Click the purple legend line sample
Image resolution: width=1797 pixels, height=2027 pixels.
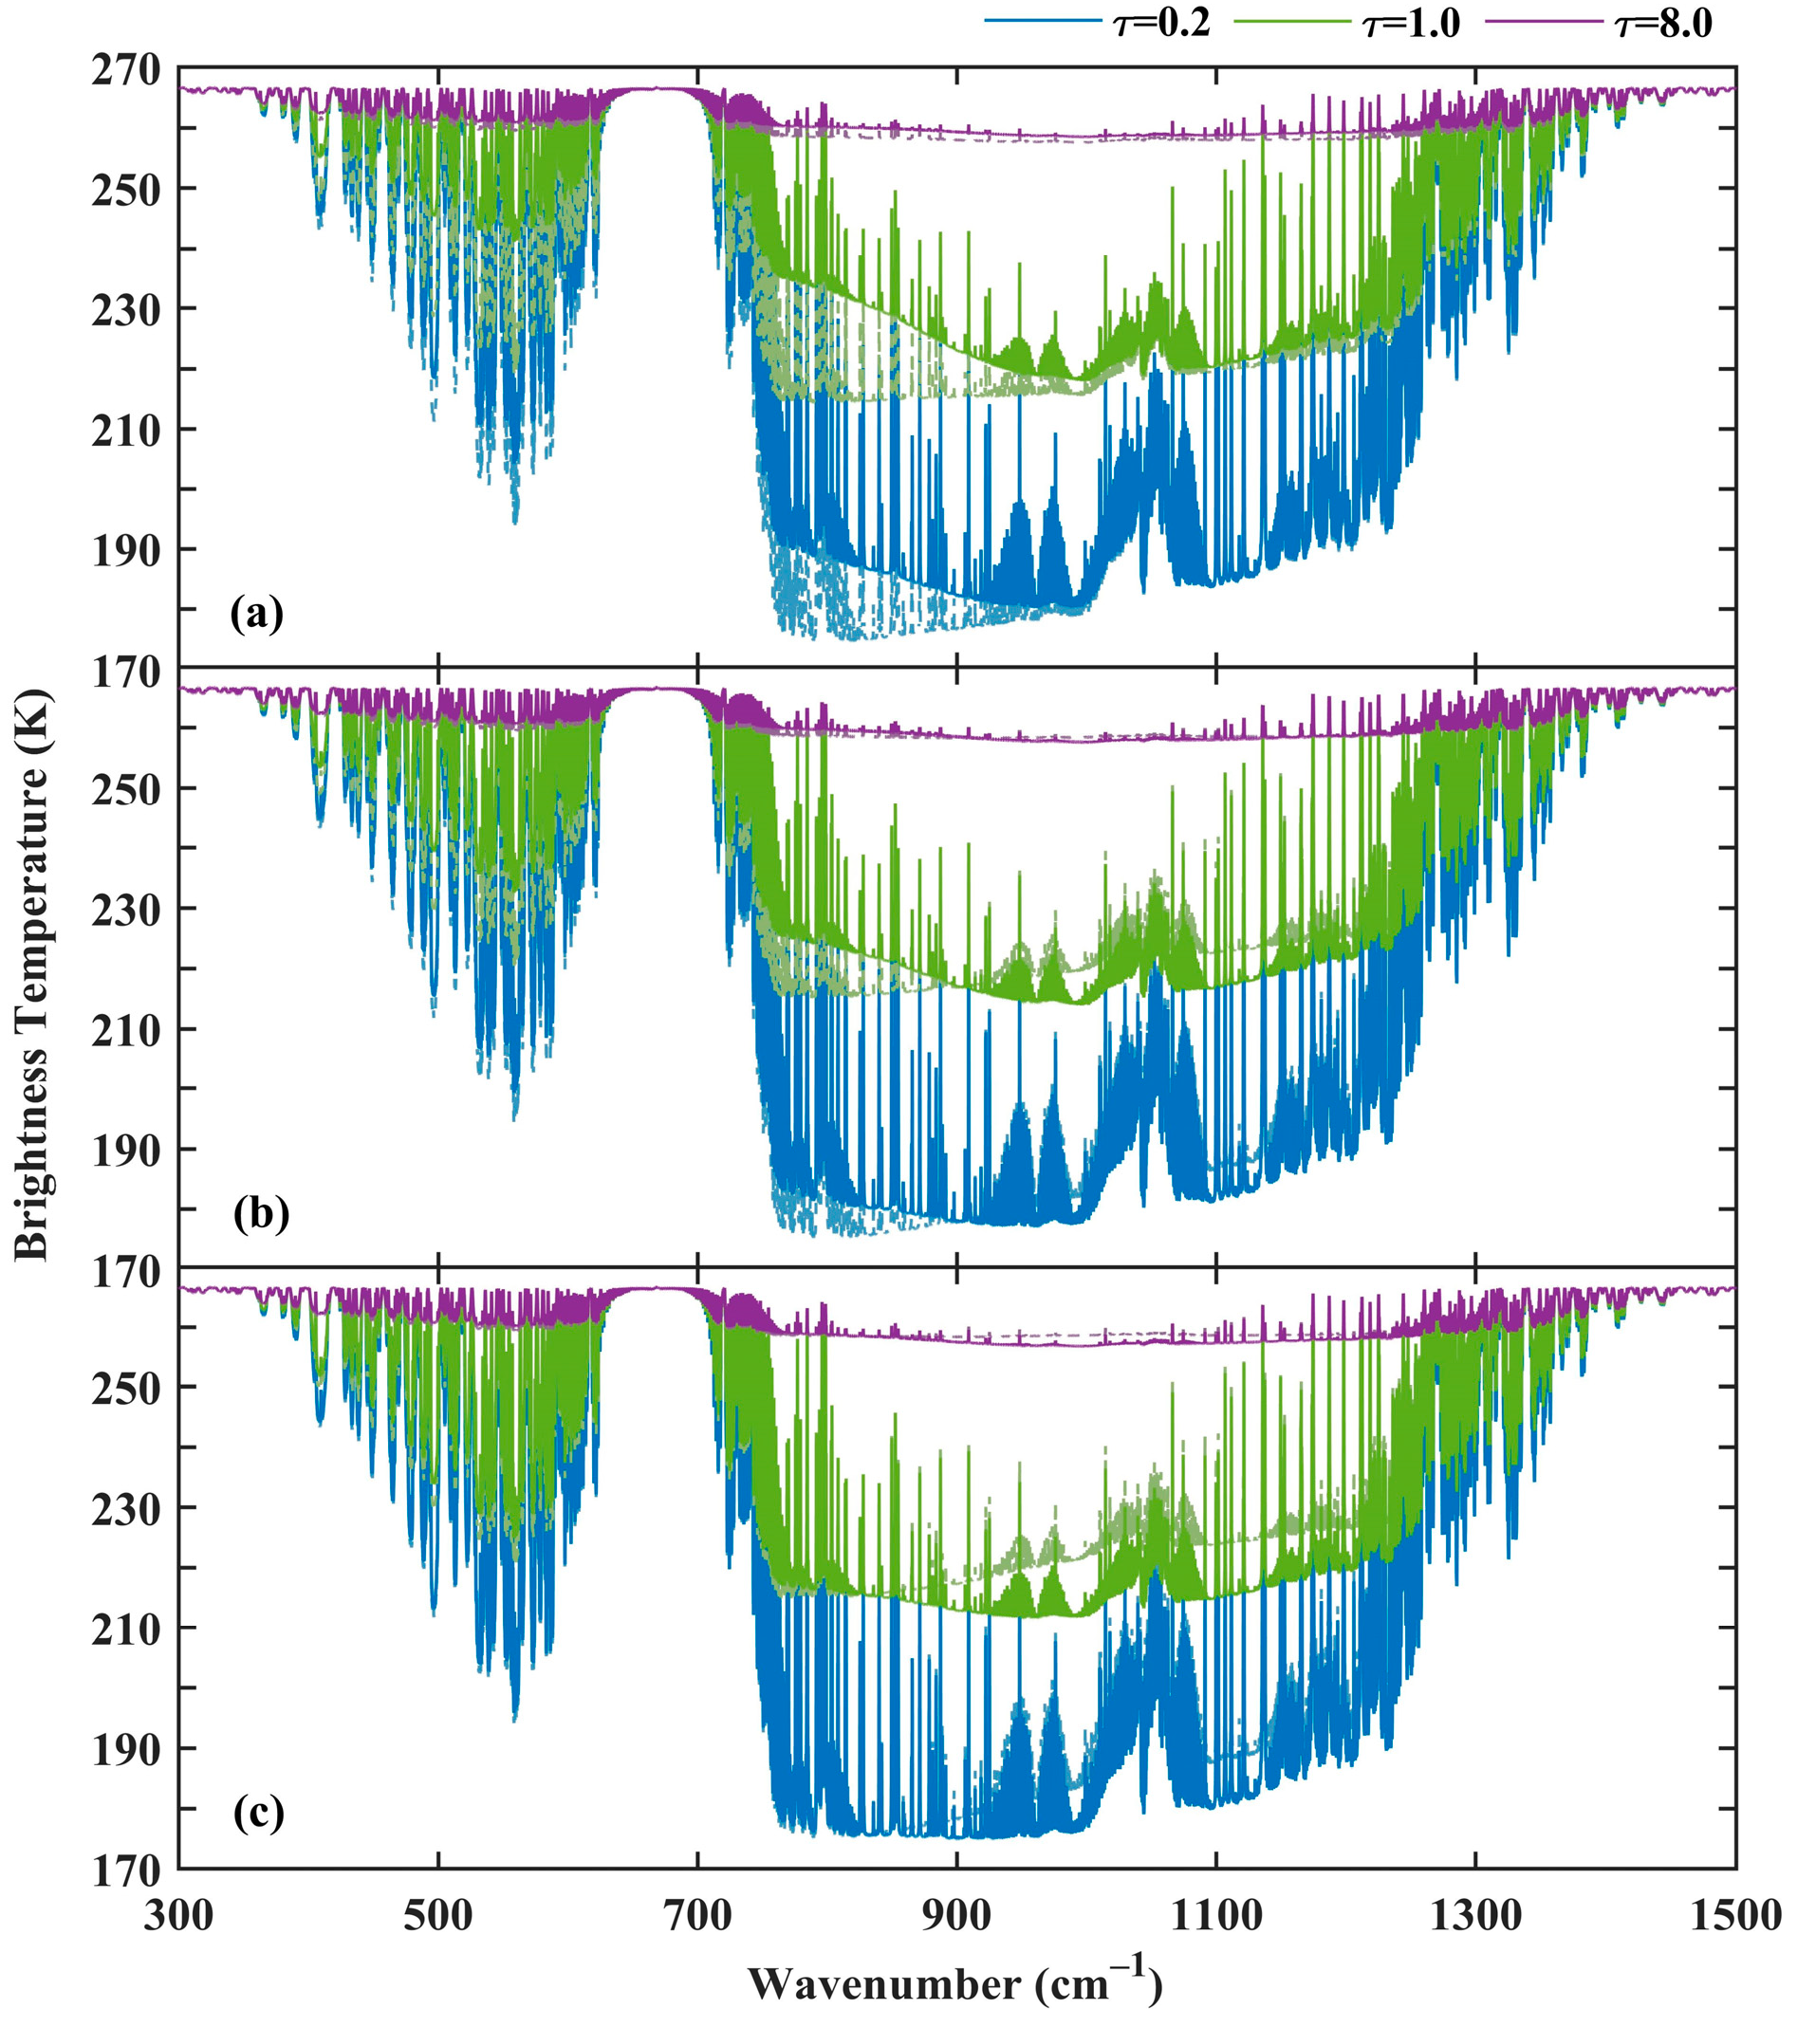[1542, 21]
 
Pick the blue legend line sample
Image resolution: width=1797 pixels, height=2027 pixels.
[1043, 21]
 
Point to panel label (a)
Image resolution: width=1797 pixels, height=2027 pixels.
[257, 614]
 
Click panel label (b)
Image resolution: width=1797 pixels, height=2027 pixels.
[261, 1213]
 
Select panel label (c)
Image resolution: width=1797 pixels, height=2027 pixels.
[259, 1812]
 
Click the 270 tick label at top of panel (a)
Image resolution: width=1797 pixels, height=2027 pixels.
[125, 69]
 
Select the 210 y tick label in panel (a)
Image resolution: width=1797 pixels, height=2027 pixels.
[125, 431]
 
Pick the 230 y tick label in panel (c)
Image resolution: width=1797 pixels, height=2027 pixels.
[125, 1509]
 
